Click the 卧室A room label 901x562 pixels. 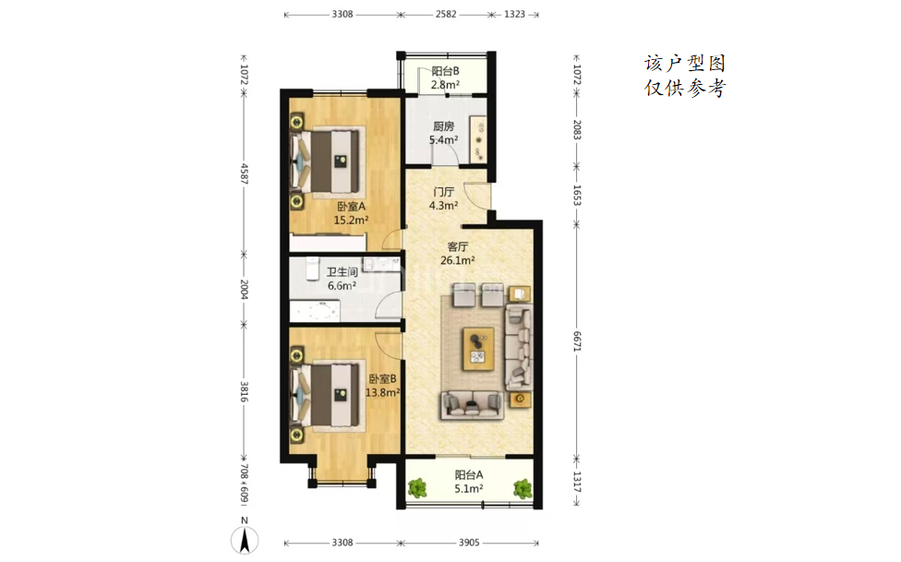click(351, 207)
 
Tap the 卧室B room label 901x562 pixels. click(382, 378)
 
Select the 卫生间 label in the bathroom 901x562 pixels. click(342, 272)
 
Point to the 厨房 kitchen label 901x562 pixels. click(444, 126)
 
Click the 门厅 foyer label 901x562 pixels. click(444, 191)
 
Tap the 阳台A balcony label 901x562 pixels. click(469, 474)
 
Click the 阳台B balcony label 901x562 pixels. click(445, 71)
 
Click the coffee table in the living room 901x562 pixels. click(478, 349)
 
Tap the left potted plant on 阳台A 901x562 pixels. click(417, 488)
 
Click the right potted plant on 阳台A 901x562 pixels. click(523, 488)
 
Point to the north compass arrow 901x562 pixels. click(245, 541)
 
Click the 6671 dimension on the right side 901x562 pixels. click(577, 341)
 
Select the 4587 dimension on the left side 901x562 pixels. click(244, 173)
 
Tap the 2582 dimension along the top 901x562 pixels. click(445, 15)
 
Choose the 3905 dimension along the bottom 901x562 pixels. click(469, 543)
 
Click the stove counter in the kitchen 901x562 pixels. click(478, 139)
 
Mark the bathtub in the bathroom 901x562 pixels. click(314, 311)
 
